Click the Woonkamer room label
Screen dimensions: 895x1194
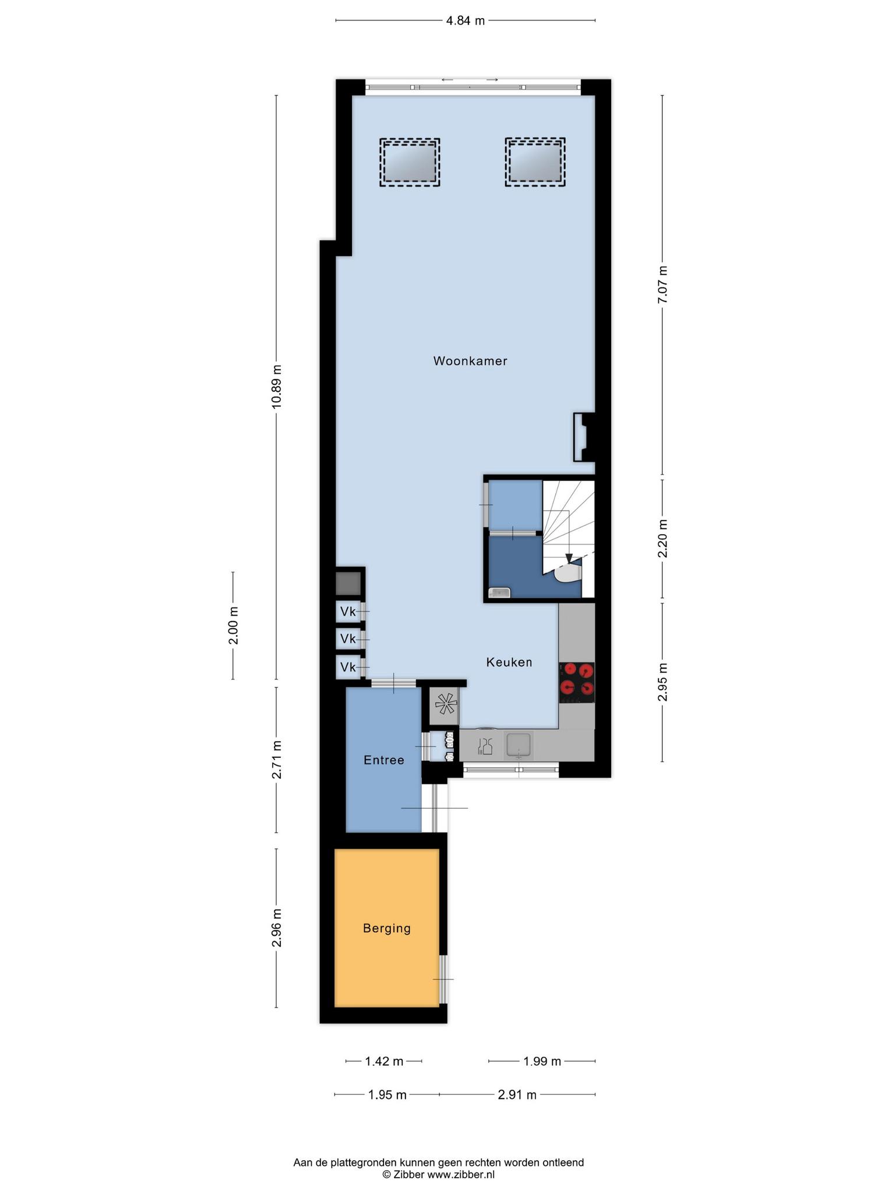coord(470,361)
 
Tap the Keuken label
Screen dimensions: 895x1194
coord(509,662)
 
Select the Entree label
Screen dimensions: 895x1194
coord(383,760)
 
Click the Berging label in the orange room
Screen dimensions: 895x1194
coord(387,928)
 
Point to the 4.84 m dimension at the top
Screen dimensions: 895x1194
coord(465,21)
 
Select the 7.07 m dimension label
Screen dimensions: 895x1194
coord(663,285)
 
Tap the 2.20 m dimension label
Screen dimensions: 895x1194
coord(663,538)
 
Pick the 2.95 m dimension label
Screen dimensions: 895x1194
coord(663,683)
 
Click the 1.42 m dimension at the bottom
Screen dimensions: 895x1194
coord(384,1062)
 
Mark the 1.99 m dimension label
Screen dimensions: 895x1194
coord(542,1062)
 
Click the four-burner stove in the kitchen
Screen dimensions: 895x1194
coord(577,682)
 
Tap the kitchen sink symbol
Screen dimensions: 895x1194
coord(519,746)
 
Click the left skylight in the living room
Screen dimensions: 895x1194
coord(410,163)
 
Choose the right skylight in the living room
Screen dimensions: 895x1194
coord(535,162)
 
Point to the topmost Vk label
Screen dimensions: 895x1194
coord(348,612)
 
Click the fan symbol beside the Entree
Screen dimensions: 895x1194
coord(444,706)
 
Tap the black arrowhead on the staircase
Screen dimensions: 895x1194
coord(569,559)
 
